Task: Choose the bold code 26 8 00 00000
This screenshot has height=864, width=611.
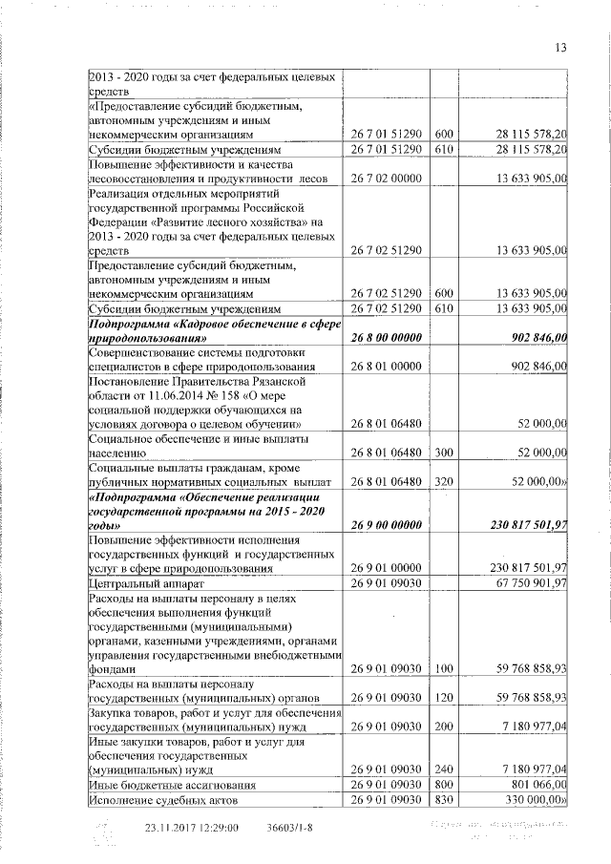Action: point(386,337)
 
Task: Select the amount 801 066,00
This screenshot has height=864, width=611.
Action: point(533,784)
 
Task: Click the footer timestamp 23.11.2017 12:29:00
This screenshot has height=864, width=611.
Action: point(192,828)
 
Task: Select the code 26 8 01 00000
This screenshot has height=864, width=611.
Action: point(386,366)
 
